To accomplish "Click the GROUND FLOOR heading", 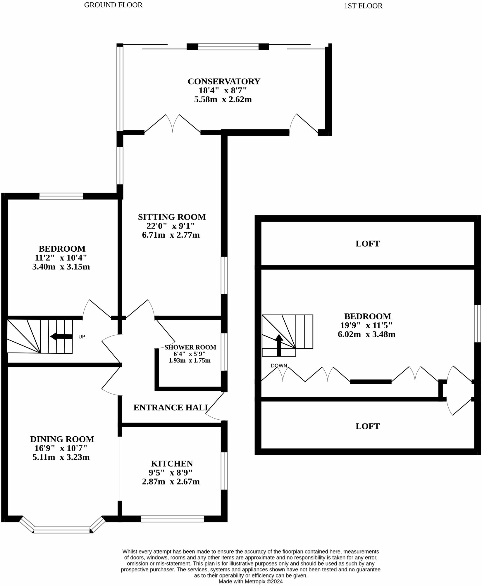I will pyautogui.click(x=113, y=5).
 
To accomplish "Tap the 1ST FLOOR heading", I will pyautogui.click(x=363, y=6).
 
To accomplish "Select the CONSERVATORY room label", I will pyautogui.click(x=224, y=81).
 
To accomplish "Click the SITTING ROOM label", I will pyautogui.click(x=172, y=217).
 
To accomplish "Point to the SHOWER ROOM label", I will pyautogui.click(x=190, y=347).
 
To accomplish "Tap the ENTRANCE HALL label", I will pyautogui.click(x=172, y=407).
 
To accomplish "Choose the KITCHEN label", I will pyautogui.click(x=172, y=464).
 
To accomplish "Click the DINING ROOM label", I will pyautogui.click(x=62, y=439).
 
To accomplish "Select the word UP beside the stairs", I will pyautogui.click(x=82, y=337).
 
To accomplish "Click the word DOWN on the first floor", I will pyautogui.click(x=279, y=366).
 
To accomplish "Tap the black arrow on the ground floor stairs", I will pyautogui.click(x=61, y=337).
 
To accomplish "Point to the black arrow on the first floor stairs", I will pyautogui.click(x=279, y=345).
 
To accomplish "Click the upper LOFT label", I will pyautogui.click(x=367, y=244).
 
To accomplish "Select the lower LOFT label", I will pyautogui.click(x=367, y=426).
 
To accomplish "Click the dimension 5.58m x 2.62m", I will pyautogui.click(x=223, y=99).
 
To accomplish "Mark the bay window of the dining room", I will pyautogui.click(x=62, y=530).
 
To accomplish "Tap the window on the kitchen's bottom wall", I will pyautogui.click(x=172, y=519).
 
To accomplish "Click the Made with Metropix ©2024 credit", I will pyautogui.click(x=251, y=582).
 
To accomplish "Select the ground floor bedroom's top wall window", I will pyautogui.click(x=61, y=196).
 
